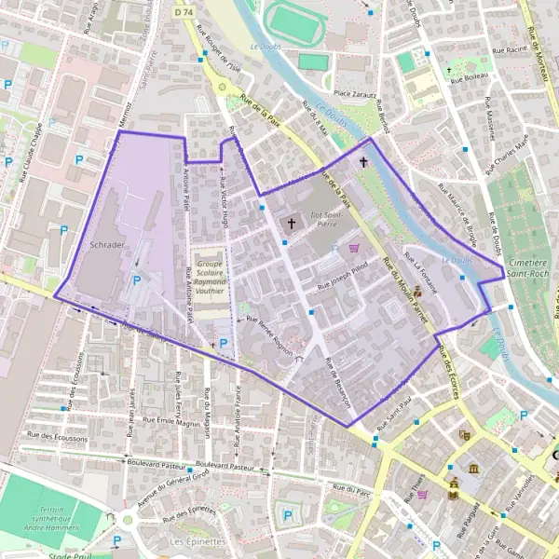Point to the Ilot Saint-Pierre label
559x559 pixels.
tap(322, 219)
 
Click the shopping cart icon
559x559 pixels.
tap(354, 248)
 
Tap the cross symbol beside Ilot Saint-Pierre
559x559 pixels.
tap(292, 224)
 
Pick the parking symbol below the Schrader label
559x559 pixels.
tap(137, 279)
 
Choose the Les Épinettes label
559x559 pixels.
tap(192, 540)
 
